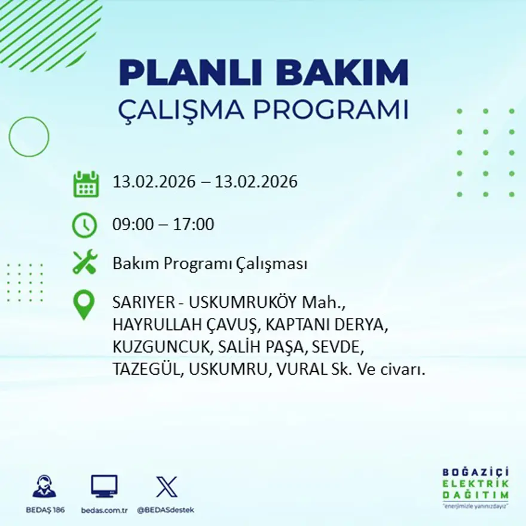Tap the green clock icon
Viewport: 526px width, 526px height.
pyautogui.click(x=84, y=225)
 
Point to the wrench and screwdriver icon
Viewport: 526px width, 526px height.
pyautogui.click(x=85, y=262)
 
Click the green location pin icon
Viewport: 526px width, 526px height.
pyautogui.click(x=84, y=304)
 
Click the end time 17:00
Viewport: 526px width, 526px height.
pyautogui.click(x=194, y=225)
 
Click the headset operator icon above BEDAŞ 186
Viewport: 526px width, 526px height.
pyautogui.click(x=44, y=487)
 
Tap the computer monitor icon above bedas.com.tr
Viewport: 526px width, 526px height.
pyautogui.click(x=104, y=487)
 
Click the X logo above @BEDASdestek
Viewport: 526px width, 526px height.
pyautogui.click(x=166, y=487)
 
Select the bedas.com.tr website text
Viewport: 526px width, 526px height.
pyautogui.click(x=105, y=510)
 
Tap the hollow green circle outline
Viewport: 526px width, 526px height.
pyautogui.click(x=29, y=137)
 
